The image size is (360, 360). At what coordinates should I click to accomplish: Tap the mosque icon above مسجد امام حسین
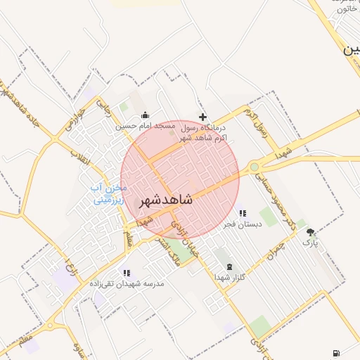[145, 115]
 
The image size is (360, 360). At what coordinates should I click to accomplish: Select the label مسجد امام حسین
[146, 127]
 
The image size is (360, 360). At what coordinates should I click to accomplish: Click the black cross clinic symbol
[203, 117]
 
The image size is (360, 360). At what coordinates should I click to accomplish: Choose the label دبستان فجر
[243, 224]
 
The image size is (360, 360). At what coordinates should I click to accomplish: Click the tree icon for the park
[310, 232]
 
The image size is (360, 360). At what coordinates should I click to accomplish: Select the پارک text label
[310, 243]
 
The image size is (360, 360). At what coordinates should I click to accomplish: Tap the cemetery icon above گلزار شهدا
[231, 266]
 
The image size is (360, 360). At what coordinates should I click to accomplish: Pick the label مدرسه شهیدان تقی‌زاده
[127, 283]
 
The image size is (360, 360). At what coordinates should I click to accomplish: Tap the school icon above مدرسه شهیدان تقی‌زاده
[127, 272]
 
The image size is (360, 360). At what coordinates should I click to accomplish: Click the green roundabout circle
[254, 167]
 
